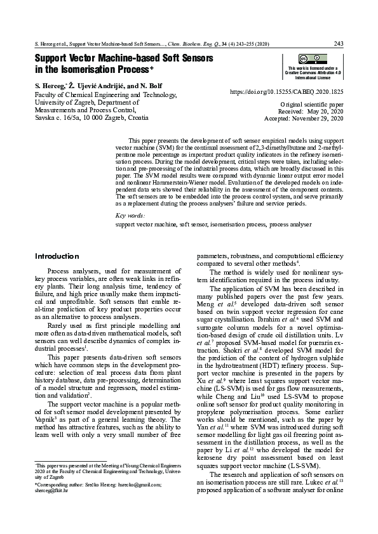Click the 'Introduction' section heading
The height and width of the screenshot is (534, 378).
tap(57, 256)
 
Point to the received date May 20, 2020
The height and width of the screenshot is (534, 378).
tap(324, 111)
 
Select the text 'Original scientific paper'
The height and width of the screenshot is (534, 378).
tap(311, 103)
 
